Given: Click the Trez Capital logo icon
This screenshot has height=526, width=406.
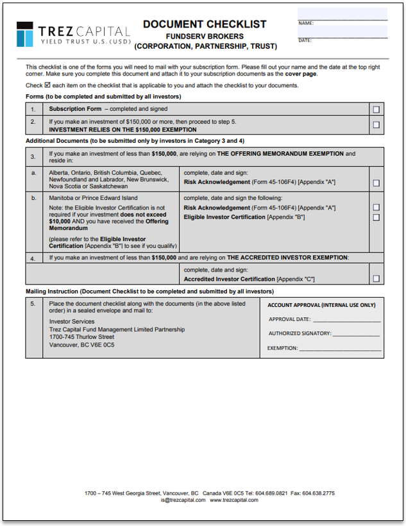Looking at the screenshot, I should (x=24, y=33).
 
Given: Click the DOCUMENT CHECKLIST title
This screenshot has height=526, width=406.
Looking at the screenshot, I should (x=205, y=24).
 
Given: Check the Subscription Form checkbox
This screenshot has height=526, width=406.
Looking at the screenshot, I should (x=376, y=110).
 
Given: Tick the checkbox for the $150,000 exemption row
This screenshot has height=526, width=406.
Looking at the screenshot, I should (x=376, y=126).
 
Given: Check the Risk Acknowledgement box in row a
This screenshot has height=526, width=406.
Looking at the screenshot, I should (x=376, y=183).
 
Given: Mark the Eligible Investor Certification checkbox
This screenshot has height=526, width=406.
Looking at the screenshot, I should (x=376, y=217).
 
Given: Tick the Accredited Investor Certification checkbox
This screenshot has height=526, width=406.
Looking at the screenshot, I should (x=376, y=279).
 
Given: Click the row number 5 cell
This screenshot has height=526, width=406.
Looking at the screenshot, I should (x=33, y=304).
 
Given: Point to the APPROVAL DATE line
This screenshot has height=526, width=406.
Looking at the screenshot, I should (x=346, y=320).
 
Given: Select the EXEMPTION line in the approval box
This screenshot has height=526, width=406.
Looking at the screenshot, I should (x=340, y=349).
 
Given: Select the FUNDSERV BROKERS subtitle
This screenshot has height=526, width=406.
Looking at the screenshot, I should (x=205, y=37).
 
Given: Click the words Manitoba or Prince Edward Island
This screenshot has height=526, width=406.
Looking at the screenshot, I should (x=93, y=198).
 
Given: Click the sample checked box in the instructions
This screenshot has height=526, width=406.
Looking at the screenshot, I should (x=47, y=85).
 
